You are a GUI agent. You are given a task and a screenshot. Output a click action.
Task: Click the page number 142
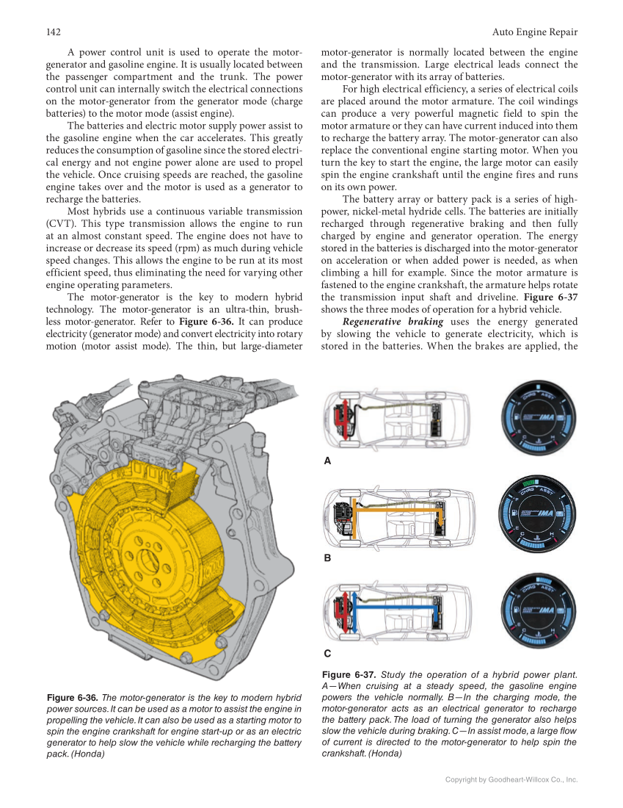click(52, 32)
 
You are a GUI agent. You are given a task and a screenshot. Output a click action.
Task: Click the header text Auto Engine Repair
click(534, 32)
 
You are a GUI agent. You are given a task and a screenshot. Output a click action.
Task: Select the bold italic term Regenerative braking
click(393, 322)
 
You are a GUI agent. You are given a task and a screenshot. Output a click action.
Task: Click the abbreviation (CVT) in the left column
click(59, 223)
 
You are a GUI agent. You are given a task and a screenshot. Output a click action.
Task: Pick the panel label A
click(327, 461)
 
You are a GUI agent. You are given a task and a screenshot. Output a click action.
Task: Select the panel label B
click(327, 558)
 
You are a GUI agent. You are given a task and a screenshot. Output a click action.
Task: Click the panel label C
click(327, 653)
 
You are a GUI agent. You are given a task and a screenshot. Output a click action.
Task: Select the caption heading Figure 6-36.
click(72, 697)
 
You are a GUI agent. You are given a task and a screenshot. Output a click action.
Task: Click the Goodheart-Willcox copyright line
click(511, 779)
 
